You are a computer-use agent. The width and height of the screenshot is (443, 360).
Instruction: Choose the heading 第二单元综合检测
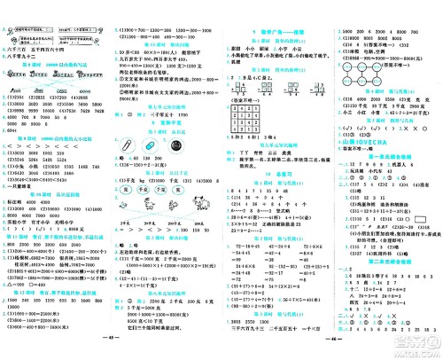pos(386,273)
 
